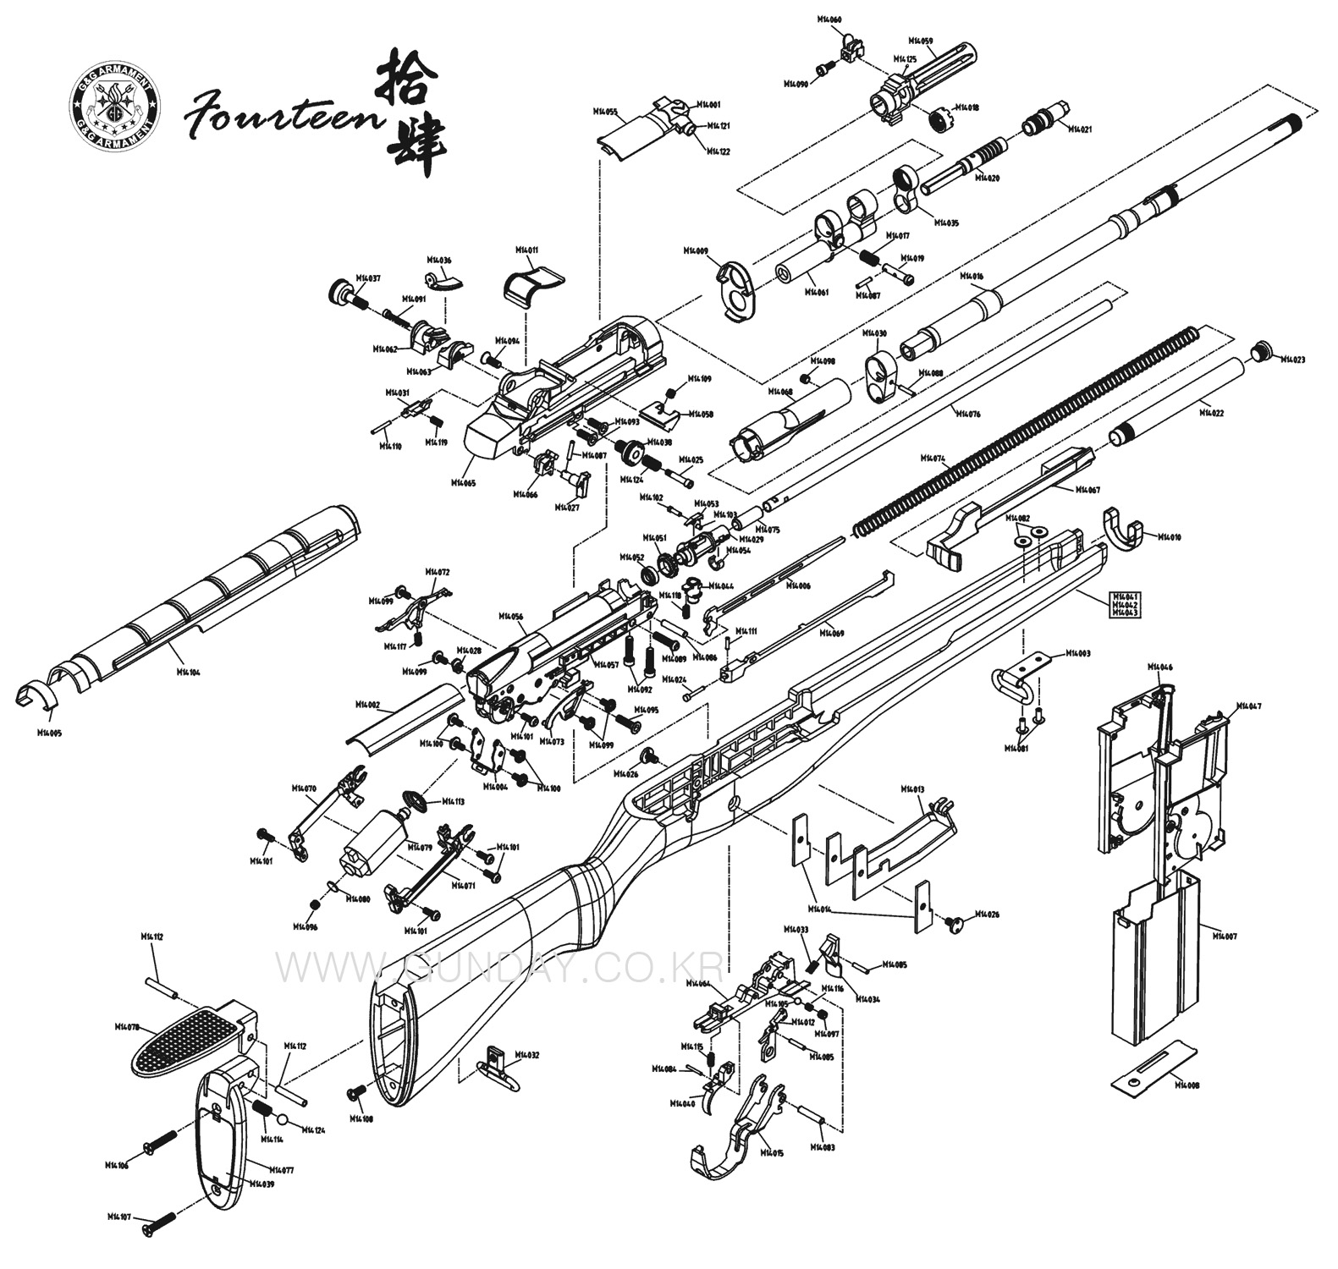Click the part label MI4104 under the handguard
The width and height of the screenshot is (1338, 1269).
[x=188, y=672]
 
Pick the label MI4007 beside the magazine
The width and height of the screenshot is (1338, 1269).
[x=1225, y=937]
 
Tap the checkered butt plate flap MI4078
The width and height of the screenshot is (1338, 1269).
[x=188, y=1035]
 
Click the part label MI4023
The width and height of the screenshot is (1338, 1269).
[x=1292, y=360]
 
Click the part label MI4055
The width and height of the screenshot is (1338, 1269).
[x=604, y=111]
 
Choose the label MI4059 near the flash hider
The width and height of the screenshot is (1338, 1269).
[x=920, y=41]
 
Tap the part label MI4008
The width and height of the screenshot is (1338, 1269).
[x=1187, y=1085]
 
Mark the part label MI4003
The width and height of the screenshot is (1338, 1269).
[x=1077, y=653]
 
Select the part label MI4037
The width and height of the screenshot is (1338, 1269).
[x=368, y=277]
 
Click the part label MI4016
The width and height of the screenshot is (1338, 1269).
[x=972, y=277]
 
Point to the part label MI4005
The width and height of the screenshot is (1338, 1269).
[x=49, y=733]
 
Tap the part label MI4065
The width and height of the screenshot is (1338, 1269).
[x=463, y=482]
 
